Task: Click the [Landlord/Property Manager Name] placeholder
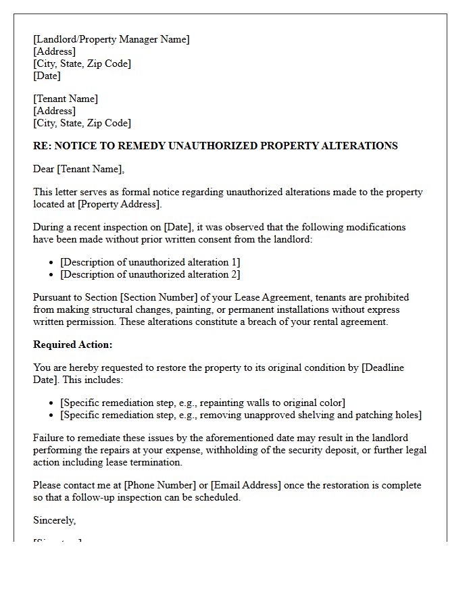click(x=111, y=39)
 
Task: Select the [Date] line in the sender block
click(x=47, y=76)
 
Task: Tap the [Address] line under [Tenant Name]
click(x=54, y=111)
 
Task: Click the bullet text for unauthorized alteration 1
click(x=150, y=262)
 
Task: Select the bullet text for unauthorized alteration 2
click(x=150, y=274)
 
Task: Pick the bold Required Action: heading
click(x=73, y=345)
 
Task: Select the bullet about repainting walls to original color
click(x=203, y=403)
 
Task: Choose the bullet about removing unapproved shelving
click(x=241, y=415)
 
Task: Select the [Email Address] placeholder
click(x=246, y=485)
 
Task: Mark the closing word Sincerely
click(x=54, y=520)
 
